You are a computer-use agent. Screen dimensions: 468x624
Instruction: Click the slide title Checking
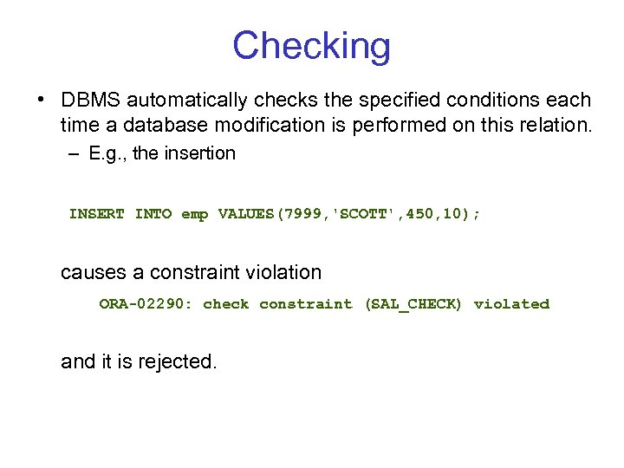click(311, 46)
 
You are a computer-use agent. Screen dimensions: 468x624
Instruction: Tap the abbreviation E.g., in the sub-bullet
click(108, 153)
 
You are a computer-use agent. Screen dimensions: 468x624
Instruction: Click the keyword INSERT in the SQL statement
click(97, 214)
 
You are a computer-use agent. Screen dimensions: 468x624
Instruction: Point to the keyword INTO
click(153, 214)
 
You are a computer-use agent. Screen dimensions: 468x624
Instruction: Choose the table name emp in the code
click(194, 214)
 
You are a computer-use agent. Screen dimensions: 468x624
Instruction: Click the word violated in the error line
click(511, 304)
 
